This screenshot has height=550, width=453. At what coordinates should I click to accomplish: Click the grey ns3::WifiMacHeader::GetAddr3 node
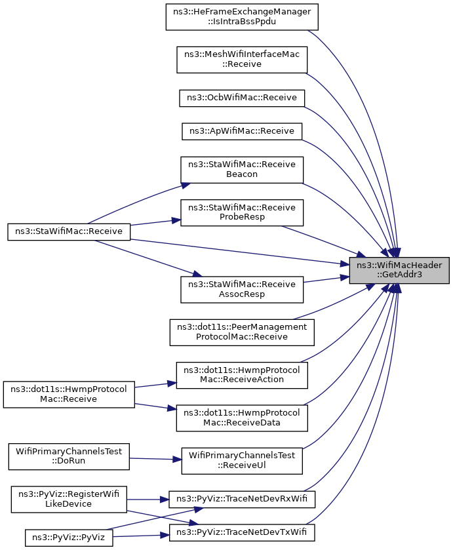[399, 270]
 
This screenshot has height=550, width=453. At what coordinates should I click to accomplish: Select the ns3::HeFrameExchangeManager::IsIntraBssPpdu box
[242, 17]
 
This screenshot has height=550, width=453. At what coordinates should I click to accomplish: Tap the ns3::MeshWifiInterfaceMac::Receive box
[242, 60]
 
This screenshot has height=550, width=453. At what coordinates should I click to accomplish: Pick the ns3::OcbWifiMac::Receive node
[242, 98]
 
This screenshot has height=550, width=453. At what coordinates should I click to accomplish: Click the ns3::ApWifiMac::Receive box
[242, 131]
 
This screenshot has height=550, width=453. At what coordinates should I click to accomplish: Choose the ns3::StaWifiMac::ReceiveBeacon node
[242, 170]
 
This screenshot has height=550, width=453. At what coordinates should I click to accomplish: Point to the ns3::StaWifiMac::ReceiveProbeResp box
[242, 212]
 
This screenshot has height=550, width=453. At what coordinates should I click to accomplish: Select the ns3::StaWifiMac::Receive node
[69, 232]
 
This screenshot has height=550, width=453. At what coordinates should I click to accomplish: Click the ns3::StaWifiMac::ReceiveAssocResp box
[242, 290]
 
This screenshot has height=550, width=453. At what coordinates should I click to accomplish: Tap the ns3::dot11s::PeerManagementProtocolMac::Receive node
[242, 332]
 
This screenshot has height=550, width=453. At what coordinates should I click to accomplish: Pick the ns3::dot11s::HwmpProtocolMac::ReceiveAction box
[242, 375]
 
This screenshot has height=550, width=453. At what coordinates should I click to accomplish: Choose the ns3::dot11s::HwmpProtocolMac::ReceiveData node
[242, 418]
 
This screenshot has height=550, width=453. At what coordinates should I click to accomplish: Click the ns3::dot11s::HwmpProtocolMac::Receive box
[69, 395]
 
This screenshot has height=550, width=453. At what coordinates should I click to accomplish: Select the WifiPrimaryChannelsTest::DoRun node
[69, 456]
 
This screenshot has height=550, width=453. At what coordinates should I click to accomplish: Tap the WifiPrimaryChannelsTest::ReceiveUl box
[242, 461]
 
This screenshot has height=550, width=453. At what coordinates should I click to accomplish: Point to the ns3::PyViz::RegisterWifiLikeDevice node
[69, 500]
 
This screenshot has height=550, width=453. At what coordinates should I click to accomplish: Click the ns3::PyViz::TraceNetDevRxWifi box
[242, 499]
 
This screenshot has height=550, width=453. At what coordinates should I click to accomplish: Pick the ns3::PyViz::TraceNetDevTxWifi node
[242, 532]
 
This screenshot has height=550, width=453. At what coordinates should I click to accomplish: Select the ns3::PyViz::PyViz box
[69, 538]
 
